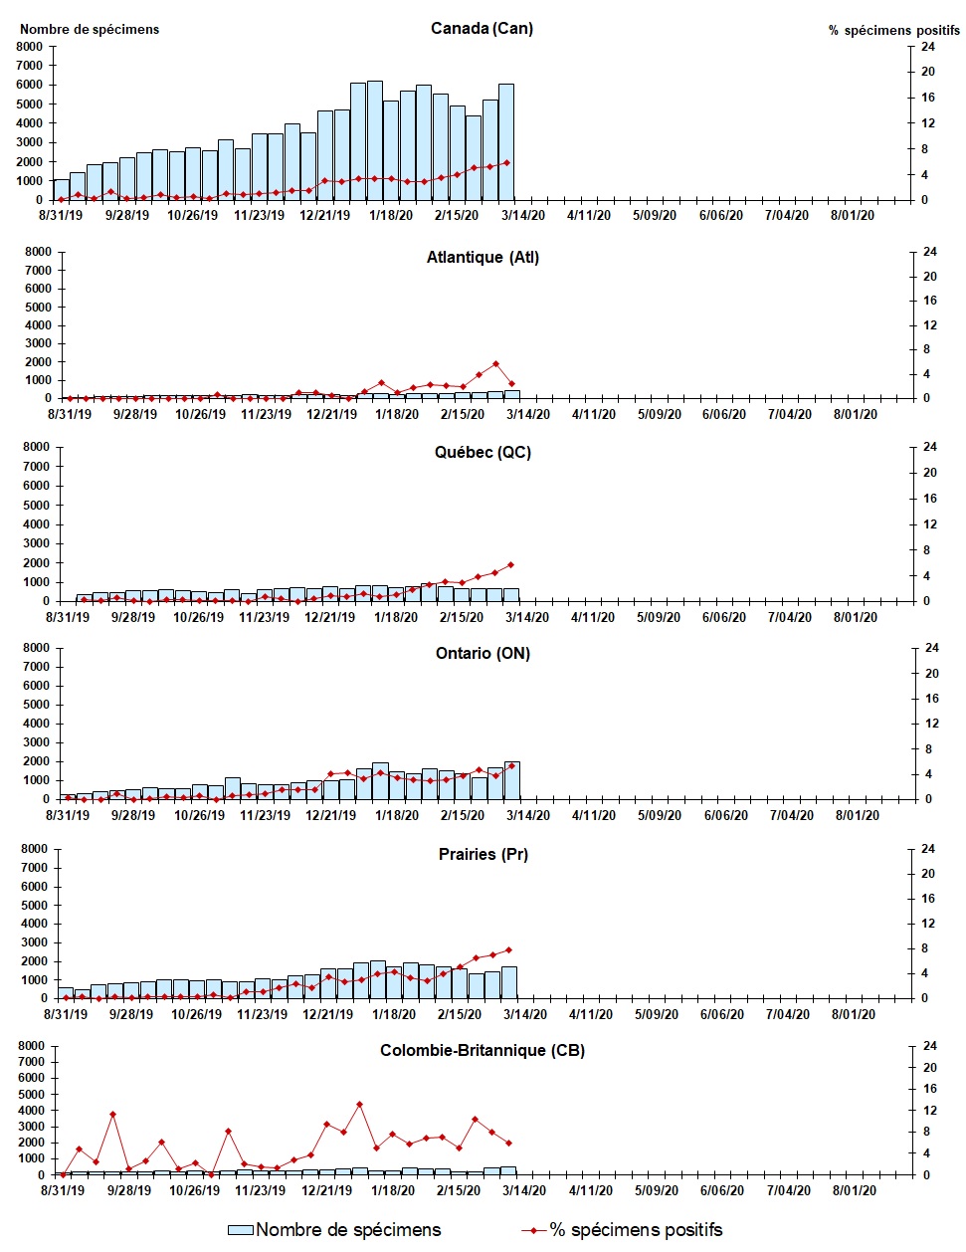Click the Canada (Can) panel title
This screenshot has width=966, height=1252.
click(x=482, y=28)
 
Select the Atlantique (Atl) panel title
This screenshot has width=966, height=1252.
click(x=483, y=257)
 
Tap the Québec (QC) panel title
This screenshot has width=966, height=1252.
click(x=483, y=452)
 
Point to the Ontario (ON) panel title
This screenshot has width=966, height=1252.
click(x=483, y=653)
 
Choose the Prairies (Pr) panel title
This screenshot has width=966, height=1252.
click(x=483, y=854)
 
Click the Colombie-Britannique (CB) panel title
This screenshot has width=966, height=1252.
click(x=483, y=1050)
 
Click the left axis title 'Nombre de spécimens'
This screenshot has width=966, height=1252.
click(x=90, y=29)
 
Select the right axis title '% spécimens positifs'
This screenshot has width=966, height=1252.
click(x=894, y=30)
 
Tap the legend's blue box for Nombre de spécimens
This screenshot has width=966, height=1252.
click(x=241, y=1230)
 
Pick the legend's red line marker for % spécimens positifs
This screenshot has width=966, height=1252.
click(x=534, y=1230)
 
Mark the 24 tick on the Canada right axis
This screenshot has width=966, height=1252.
click(x=927, y=47)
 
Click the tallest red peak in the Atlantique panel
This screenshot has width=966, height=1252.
click(x=495, y=364)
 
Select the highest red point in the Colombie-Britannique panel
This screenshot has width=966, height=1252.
click(x=359, y=1104)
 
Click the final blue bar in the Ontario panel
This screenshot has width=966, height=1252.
click(x=511, y=780)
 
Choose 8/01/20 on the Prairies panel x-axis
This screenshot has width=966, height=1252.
click(x=854, y=1014)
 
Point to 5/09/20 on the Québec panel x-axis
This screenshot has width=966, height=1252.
click(x=659, y=617)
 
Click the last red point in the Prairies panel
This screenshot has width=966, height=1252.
click(x=509, y=949)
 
